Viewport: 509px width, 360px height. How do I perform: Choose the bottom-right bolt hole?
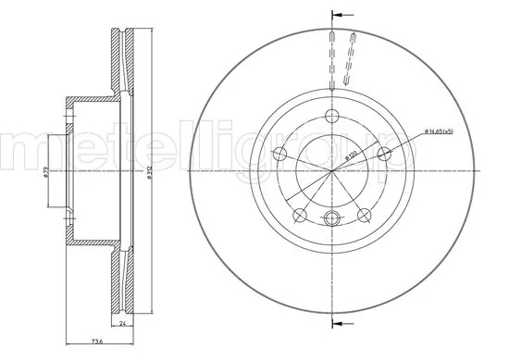point(365,216)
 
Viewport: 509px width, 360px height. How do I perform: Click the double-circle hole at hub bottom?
point(332,218)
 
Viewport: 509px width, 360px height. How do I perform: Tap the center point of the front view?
point(332,170)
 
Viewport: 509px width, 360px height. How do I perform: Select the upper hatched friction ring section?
point(118,65)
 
